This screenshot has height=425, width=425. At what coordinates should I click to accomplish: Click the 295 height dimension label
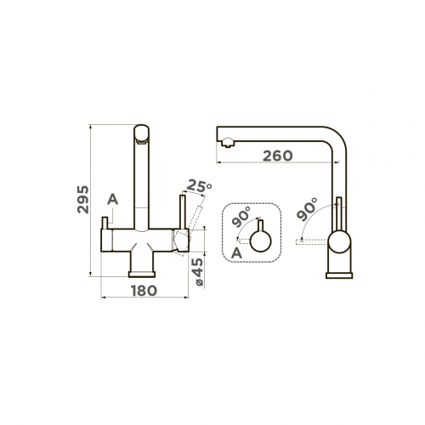point(82,199)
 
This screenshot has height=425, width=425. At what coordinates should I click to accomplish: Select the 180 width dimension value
point(144,291)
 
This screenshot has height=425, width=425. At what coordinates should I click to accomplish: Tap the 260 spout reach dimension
point(278,156)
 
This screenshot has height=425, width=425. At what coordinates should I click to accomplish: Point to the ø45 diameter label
point(197,272)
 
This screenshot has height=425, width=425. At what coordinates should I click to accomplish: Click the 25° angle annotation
point(199,185)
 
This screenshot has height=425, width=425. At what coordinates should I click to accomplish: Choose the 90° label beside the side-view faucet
point(307,209)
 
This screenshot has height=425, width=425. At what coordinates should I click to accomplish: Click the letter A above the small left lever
point(112,200)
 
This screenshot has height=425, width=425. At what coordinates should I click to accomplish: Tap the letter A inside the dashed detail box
point(236,253)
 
